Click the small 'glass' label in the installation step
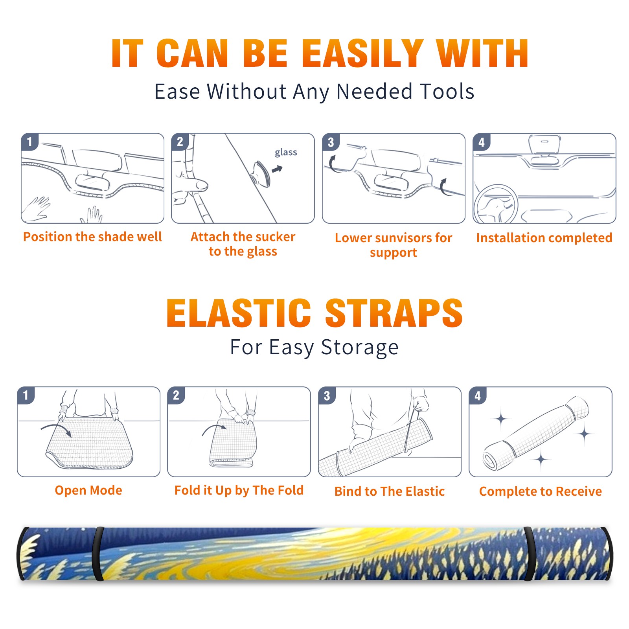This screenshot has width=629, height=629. pyautogui.click(x=286, y=153)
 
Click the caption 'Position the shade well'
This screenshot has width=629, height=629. pyautogui.click(x=92, y=237)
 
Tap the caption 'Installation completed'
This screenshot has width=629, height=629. pyautogui.click(x=544, y=237)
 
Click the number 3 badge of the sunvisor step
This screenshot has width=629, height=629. pyautogui.click(x=331, y=142)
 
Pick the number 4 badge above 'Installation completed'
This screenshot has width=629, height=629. pyautogui.click(x=482, y=142)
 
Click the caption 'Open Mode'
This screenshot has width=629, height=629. pyautogui.click(x=88, y=490)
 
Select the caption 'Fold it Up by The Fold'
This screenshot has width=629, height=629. pyautogui.click(x=239, y=490)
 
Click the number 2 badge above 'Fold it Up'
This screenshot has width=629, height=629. pyautogui.click(x=176, y=395)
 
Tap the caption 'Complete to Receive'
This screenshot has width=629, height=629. pyautogui.click(x=541, y=491)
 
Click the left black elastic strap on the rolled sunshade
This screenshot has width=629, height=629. pyautogui.click(x=97, y=554)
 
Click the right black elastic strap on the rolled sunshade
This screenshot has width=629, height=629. pyautogui.click(x=530, y=554)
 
